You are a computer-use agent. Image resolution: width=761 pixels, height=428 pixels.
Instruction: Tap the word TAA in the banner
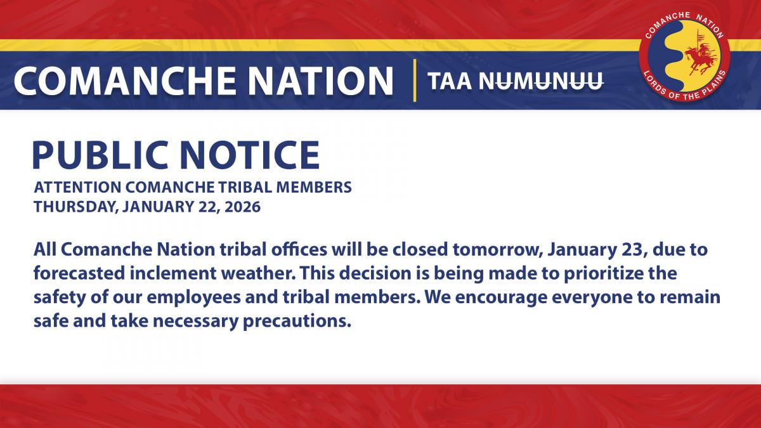pyautogui.click(x=450, y=81)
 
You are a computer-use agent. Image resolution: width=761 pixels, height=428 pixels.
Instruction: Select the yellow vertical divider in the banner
pyautogui.click(x=414, y=81)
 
